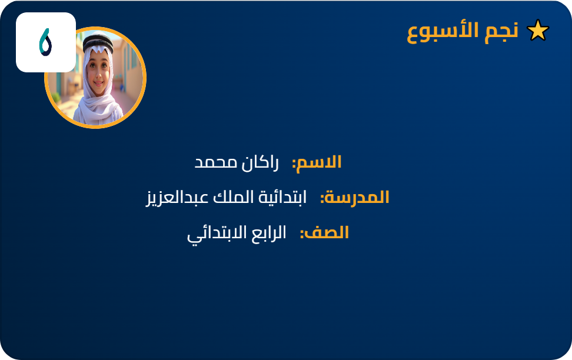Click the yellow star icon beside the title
tap(538, 31)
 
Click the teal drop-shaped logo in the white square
tap(45, 42)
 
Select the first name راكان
tap(257, 162)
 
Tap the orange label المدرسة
tap(358, 198)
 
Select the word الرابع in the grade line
tap(268, 233)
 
